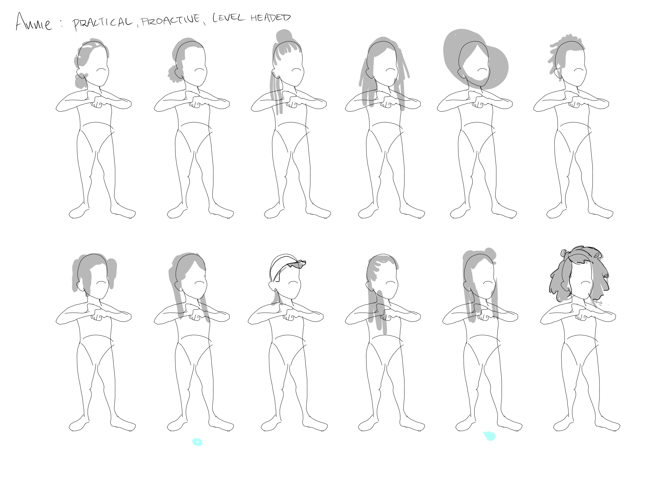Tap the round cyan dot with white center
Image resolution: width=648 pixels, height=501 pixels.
[x=197, y=442]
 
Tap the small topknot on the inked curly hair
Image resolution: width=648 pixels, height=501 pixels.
[x=564, y=253]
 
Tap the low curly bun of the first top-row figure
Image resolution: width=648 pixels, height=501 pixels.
[x=80, y=80]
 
